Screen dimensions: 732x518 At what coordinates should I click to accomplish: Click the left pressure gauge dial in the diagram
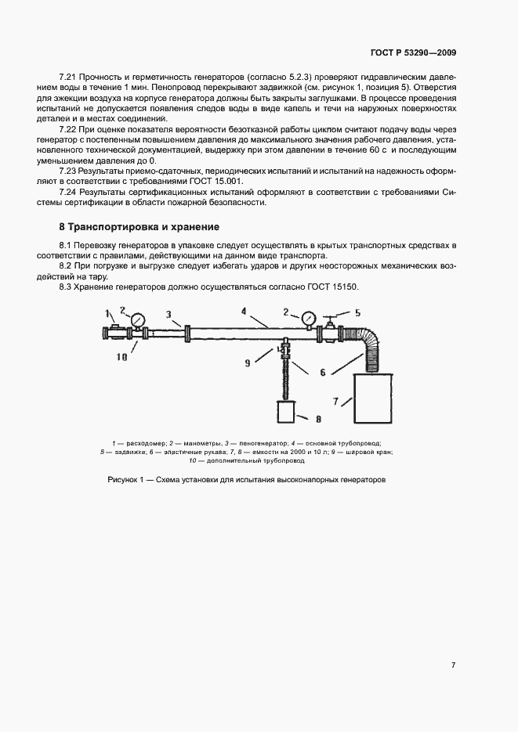point(139,319)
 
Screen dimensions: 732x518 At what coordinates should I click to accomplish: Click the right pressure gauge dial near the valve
point(306,318)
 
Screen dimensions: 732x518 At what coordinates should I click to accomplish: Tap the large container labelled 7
point(371,398)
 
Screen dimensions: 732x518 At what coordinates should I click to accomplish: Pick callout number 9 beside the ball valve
point(248,362)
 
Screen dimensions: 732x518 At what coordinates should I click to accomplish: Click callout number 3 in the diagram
point(168,314)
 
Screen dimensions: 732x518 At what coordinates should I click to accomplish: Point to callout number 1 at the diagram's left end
point(106,314)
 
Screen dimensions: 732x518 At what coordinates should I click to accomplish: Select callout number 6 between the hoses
point(321,373)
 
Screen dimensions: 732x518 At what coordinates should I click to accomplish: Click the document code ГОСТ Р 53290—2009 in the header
point(413,53)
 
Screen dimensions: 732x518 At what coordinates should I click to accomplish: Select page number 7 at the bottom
point(454,665)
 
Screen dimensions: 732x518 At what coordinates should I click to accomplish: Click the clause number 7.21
point(69,78)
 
